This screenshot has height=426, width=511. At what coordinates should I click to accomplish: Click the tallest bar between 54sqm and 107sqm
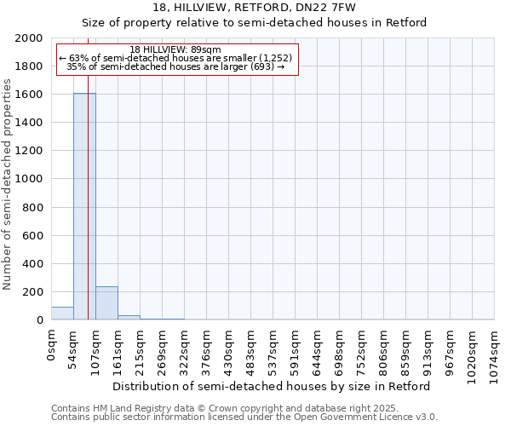click(84, 206)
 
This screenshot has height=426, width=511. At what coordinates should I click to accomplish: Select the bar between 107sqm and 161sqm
click(106, 303)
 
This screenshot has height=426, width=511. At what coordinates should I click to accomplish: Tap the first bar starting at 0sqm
click(62, 314)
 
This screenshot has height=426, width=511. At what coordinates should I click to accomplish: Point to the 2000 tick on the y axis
click(30, 38)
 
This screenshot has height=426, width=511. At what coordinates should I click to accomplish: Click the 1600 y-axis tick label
click(30, 95)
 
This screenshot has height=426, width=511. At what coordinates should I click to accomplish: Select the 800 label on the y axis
click(33, 207)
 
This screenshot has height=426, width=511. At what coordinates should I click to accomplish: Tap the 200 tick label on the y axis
click(33, 292)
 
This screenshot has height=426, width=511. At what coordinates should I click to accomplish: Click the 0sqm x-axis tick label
click(52, 344)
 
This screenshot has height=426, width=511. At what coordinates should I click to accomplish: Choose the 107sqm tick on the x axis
click(96, 348)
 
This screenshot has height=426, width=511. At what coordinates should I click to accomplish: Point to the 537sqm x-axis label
click(273, 348)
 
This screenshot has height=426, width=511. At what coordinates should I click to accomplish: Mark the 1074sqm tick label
click(495, 351)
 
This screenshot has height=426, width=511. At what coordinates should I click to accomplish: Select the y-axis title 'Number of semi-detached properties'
click(9, 184)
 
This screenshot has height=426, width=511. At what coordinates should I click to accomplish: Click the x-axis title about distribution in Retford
click(272, 386)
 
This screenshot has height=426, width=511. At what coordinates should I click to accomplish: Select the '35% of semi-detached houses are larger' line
click(175, 66)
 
